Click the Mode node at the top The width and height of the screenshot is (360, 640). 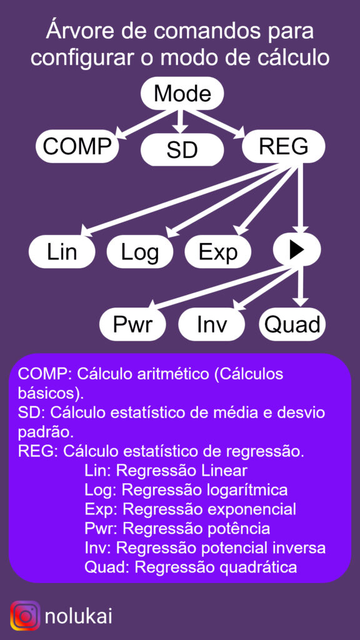[x=182, y=94]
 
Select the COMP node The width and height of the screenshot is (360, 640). [x=77, y=146]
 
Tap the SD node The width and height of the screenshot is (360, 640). [x=182, y=149]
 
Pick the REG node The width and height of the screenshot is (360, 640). [x=284, y=146]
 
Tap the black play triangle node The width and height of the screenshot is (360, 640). [x=297, y=250]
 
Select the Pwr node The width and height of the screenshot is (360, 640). [x=132, y=324]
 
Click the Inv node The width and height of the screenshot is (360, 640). [x=212, y=324]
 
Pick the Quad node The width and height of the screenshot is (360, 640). [x=292, y=324]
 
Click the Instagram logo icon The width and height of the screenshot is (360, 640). [x=25, y=616]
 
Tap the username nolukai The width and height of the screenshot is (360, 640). [x=78, y=616]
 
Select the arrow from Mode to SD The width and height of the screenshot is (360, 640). [x=178, y=121]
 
